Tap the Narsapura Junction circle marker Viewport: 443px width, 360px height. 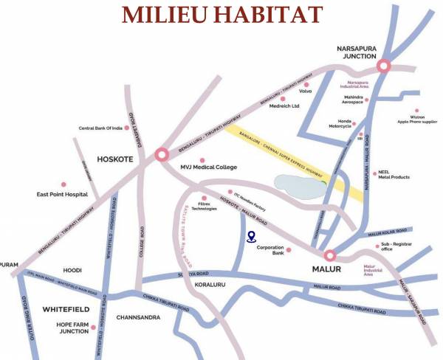383,66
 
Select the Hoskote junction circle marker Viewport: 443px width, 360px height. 162,156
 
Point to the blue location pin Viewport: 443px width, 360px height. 251,236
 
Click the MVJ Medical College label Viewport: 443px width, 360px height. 209,167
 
